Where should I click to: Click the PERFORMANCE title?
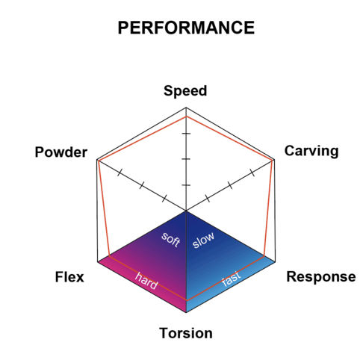pos(186,28)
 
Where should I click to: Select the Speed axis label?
pos(185,91)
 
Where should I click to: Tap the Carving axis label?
pos(311,151)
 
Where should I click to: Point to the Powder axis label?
pos(61,152)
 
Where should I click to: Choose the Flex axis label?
pos(69,277)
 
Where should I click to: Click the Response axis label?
pos(321,277)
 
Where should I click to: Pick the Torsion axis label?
pos(186,333)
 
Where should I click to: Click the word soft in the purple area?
pos(171,239)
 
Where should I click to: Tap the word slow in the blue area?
pos(203,240)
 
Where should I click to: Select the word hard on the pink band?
pos(146,281)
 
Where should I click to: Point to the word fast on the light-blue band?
pos(232,279)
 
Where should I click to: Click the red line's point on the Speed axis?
pos(186,117)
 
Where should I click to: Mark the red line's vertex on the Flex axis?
pos(109,255)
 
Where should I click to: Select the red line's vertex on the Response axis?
pos(264,255)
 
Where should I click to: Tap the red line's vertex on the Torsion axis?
pos(186,300)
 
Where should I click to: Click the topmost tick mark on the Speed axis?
pos(186,134)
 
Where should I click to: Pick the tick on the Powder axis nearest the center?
pos(164,199)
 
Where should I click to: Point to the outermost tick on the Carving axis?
pos(252,173)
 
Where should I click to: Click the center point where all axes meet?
pos(186,211)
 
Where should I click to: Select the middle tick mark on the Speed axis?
pos(186,159)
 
